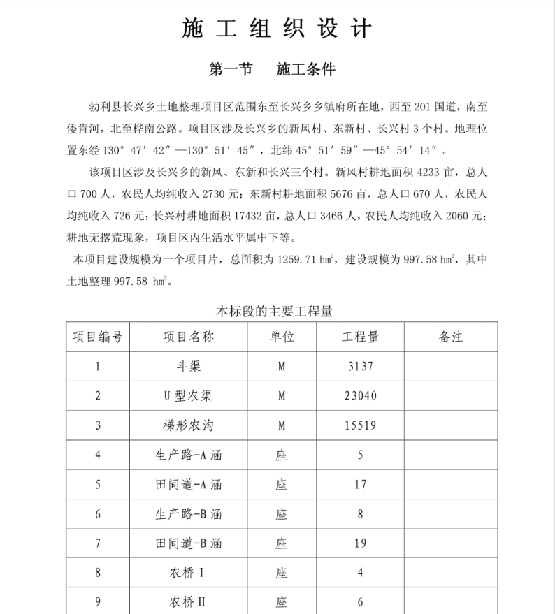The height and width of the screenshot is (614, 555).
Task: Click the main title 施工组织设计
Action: click(x=277, y=29)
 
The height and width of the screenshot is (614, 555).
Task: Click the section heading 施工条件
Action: click(x=305, y=70)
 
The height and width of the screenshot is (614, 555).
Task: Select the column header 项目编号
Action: click(x=98, y=337)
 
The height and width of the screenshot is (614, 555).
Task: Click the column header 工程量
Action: click(x=360, y=337)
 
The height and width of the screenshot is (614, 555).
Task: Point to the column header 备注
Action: click(x=451, y=337)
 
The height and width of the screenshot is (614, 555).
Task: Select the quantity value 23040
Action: click(x=360, y=396)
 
